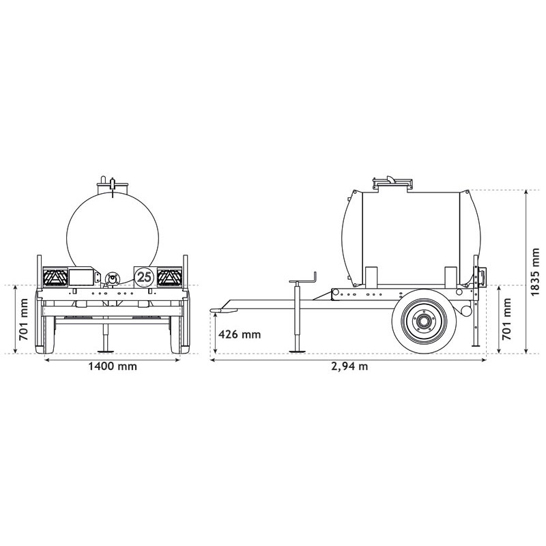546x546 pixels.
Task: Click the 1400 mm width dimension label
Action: pyautogui.click(x=113, y=366)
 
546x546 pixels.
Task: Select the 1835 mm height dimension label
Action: pyautogui.click(x=536, y=272)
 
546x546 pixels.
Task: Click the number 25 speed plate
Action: pyautogui.click(x=144, y=276)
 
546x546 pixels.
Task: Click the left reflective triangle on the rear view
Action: pyautogui.click(x=54, y=277)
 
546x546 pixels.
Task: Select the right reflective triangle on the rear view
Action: pyautogui.click(x=169, y=277)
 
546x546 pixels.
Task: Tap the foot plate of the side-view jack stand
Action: pyautogui.click(x=297, y=352)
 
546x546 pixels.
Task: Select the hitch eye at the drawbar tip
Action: pyautogui.click(x=217, y=311)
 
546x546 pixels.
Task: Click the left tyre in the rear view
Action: pyautogui.click(x=46, y=333)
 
